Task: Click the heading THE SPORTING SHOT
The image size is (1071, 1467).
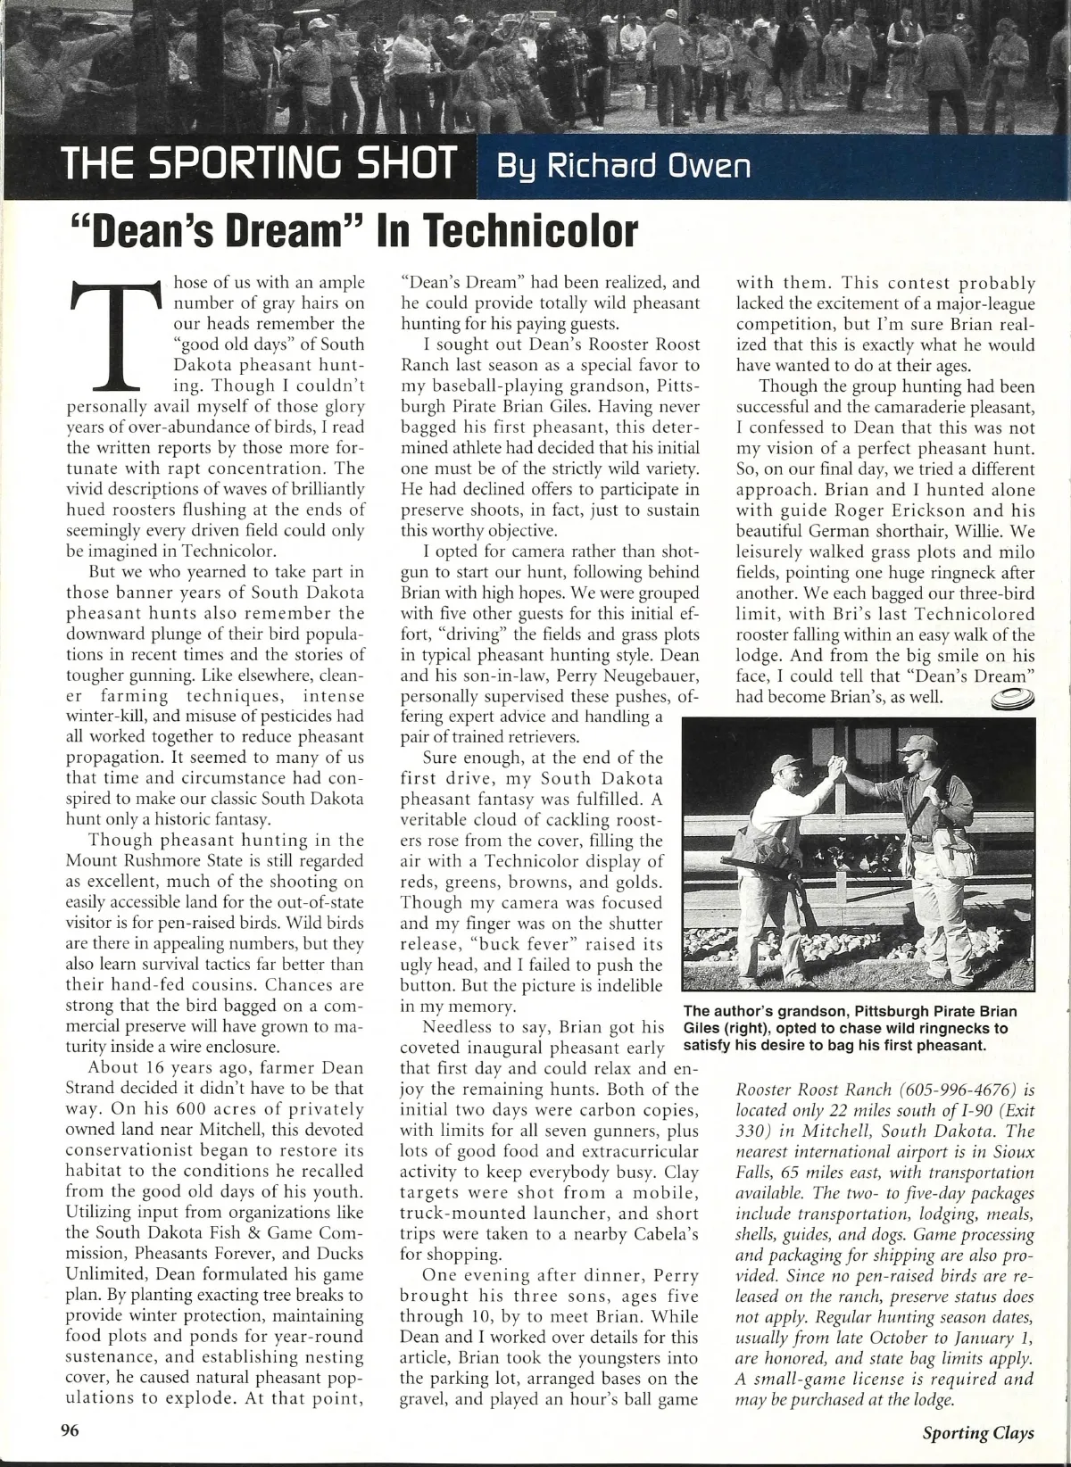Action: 258,165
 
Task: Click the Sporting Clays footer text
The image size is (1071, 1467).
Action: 978,1433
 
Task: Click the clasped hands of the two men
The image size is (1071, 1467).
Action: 835,769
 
